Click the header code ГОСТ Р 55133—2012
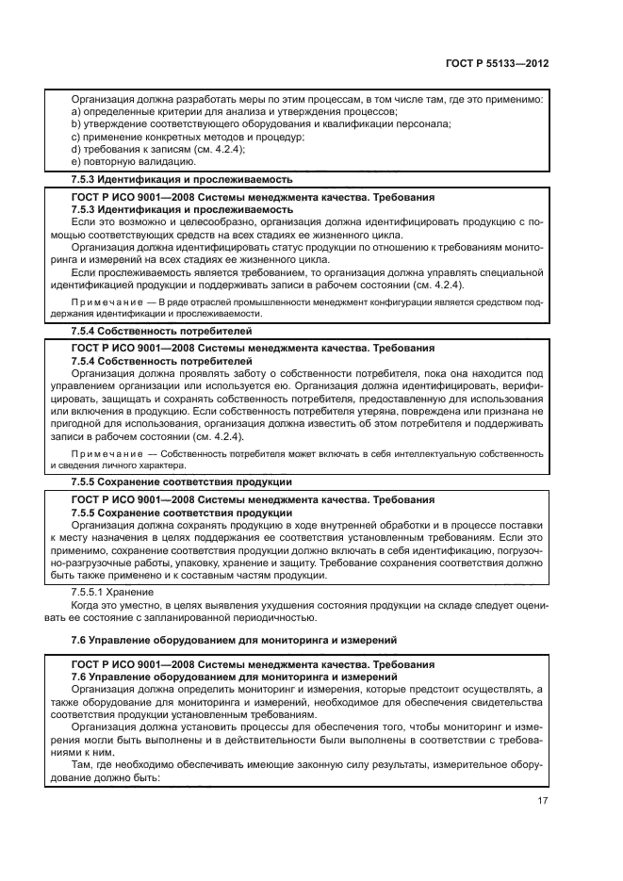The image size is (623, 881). pos(498,63)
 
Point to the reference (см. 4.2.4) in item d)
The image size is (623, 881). pos(216,149)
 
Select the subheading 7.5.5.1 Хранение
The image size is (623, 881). pos(113,591)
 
